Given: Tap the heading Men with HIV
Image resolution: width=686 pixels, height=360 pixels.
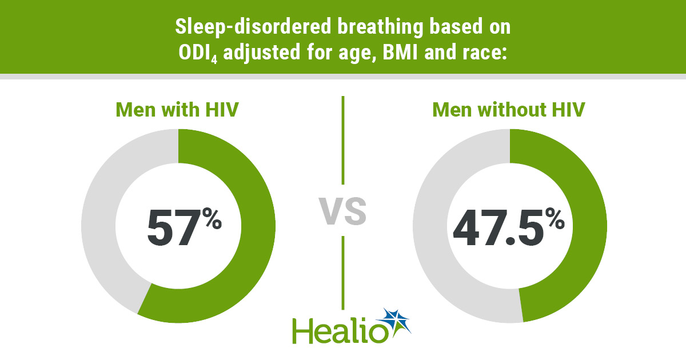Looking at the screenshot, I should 177,110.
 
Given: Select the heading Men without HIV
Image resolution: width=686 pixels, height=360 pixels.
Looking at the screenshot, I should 509,110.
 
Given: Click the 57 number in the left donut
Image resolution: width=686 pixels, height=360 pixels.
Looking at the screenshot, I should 170,228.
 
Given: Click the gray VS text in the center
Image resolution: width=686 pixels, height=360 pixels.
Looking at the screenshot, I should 342,210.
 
